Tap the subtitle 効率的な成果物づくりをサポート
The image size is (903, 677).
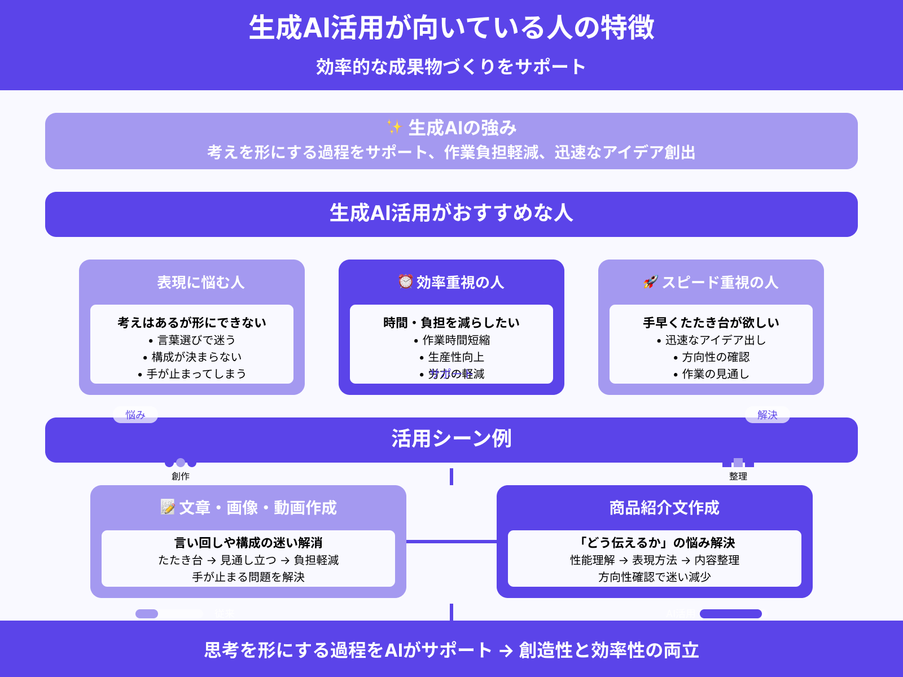tap(451, 67)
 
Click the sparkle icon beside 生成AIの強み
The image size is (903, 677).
tap(394, 128)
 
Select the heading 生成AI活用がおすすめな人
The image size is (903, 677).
tap(451, 213)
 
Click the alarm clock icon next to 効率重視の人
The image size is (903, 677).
tap(405, 281)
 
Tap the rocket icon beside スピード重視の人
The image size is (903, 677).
tap(651, 282)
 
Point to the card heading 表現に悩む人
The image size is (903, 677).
tap(200, 282)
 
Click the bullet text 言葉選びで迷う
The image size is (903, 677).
tap(196, 340)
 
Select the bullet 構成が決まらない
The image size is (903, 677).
tap(196, 357)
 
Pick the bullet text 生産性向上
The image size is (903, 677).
tap(456, 357)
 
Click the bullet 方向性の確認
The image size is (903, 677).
tap(716, 357)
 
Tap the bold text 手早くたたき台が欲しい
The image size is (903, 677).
tap(711, 323)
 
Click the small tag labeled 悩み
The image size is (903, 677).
tap(135, 415)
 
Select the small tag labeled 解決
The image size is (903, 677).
tap(768, 415)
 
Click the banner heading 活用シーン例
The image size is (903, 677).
tap(451, 439)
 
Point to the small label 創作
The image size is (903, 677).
tap(181, 476)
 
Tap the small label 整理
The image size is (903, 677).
tap(738, 476)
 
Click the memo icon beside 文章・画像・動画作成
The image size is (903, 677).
tap(168, 507)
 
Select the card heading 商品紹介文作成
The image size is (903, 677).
tap(664, 508)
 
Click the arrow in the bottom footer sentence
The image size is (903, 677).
tap(506, 651)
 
